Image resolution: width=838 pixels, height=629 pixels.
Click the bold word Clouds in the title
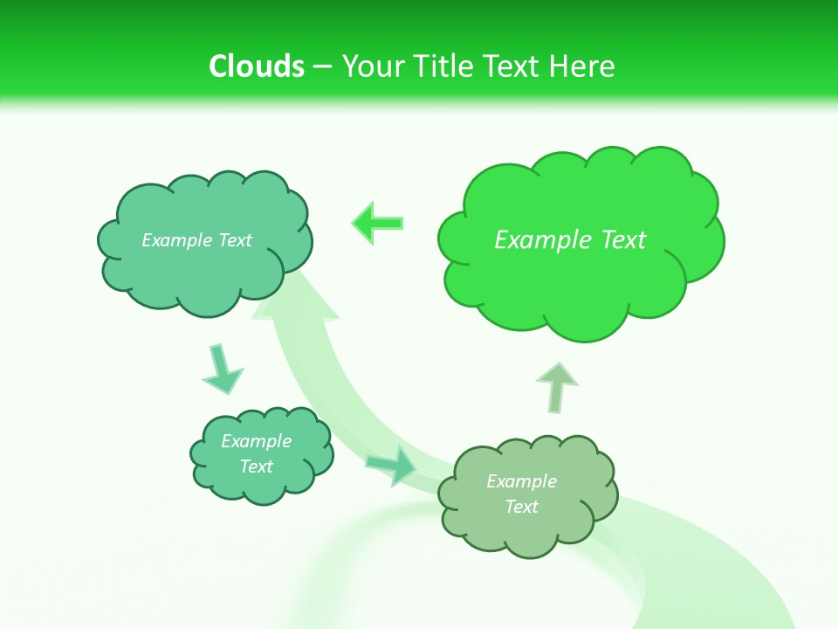[257, 66]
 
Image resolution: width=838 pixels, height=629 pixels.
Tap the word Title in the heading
[442, 66]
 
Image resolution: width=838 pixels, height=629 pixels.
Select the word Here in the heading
[586, 66]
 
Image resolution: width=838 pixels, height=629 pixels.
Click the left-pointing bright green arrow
[378, 223]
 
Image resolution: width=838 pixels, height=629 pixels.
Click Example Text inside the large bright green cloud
[570, 240]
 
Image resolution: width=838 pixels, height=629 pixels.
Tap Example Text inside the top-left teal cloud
[197, 240]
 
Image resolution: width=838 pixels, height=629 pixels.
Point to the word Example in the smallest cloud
[256, 441]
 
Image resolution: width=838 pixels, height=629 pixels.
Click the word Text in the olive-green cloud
[521, 508]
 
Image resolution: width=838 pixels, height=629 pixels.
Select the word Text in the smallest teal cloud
[256, 467]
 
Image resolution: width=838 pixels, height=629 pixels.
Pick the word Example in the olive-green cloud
[521, 481]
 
